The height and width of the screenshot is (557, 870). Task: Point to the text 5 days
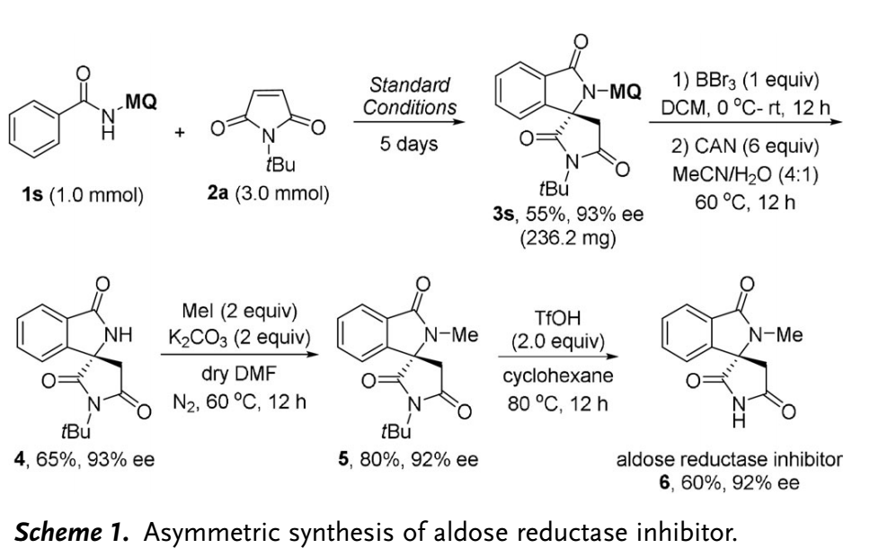click(409, 144)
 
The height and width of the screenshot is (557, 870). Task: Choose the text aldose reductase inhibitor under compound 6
click(729, 461)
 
